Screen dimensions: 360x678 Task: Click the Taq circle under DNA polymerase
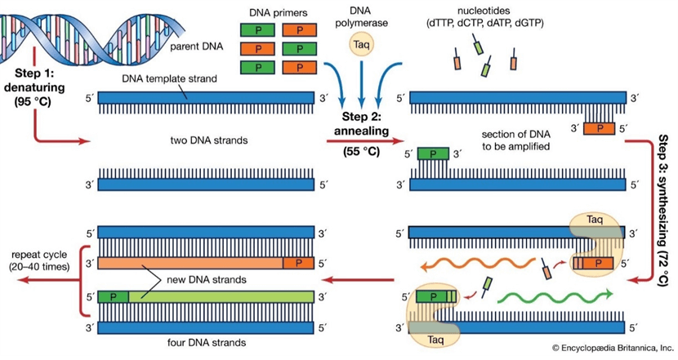[x=360, y=46]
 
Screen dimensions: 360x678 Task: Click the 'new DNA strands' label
[x=191, y=279]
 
